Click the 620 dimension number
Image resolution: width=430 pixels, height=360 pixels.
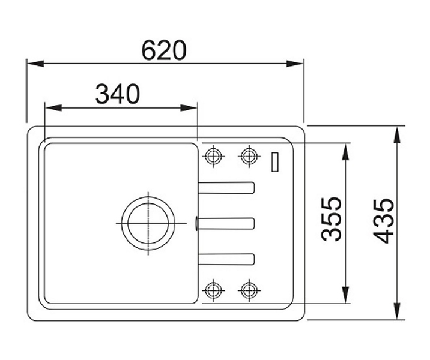[x=164, y=50]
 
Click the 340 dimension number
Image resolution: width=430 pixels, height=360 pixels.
[x=118, y=94]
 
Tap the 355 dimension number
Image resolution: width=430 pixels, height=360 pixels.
[x=332, y=219]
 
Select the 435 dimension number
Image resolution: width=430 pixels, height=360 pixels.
[x=383, y=221]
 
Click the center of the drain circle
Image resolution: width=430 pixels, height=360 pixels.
[x=148, y=223]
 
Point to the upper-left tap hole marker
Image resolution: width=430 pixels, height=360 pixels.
[x=213, y=157]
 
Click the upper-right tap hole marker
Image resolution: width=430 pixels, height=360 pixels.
[x=249, y=157]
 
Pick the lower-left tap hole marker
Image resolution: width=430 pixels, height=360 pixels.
[x=213, y=290]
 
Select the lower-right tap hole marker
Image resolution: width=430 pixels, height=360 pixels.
[x=249, y=290]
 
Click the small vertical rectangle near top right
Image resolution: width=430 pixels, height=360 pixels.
[x=275, y=162]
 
